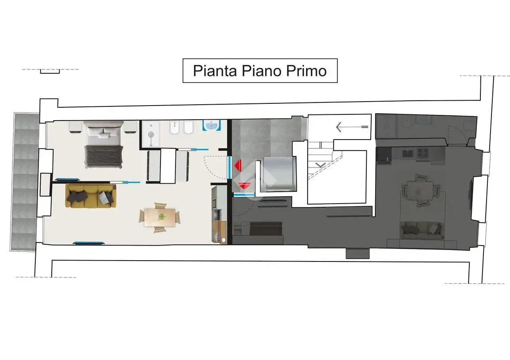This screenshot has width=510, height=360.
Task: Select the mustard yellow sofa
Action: [91, 196]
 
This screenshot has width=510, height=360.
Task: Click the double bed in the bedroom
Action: [104, 144]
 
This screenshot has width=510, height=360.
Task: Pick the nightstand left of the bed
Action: [76, 127]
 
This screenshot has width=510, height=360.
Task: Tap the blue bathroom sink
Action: [212, 125]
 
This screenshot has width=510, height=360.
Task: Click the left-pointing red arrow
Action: [238, 166]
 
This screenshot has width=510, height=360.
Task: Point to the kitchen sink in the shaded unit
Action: [407, 153]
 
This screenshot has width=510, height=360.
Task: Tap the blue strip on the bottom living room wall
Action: [89, 243]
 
